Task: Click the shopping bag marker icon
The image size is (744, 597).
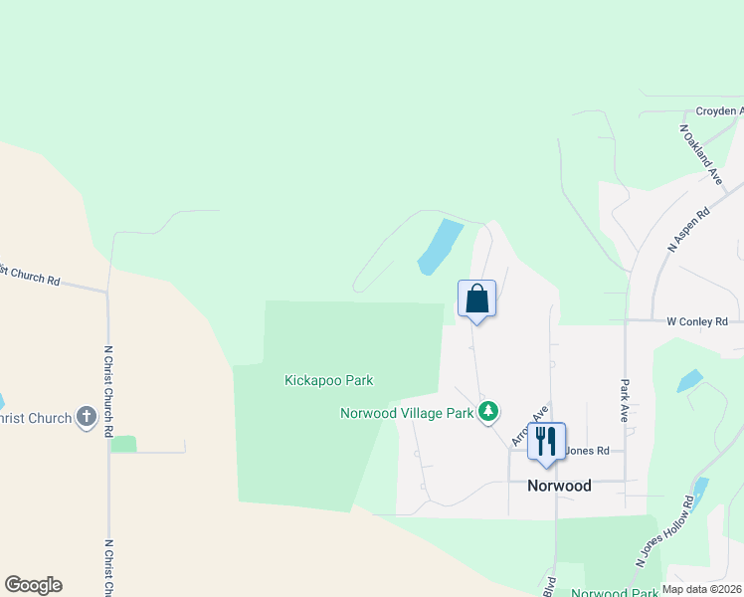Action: tap(476, 298)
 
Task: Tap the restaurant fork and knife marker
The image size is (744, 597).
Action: tap(546, 441)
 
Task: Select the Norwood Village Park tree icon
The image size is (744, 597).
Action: tap(487, 411)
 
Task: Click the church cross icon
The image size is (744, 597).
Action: tap(87, 418)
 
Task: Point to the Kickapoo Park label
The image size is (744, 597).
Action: tap(328, 380)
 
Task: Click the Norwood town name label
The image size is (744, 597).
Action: tap(558, 486)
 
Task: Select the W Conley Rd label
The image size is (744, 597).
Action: tap(697, 321)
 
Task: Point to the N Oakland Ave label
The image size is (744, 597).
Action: tap(700, 154)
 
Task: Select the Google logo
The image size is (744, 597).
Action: tap(33, 585)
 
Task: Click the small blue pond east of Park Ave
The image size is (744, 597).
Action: tap(688, 381)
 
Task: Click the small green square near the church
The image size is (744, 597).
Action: tap(123, 444)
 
